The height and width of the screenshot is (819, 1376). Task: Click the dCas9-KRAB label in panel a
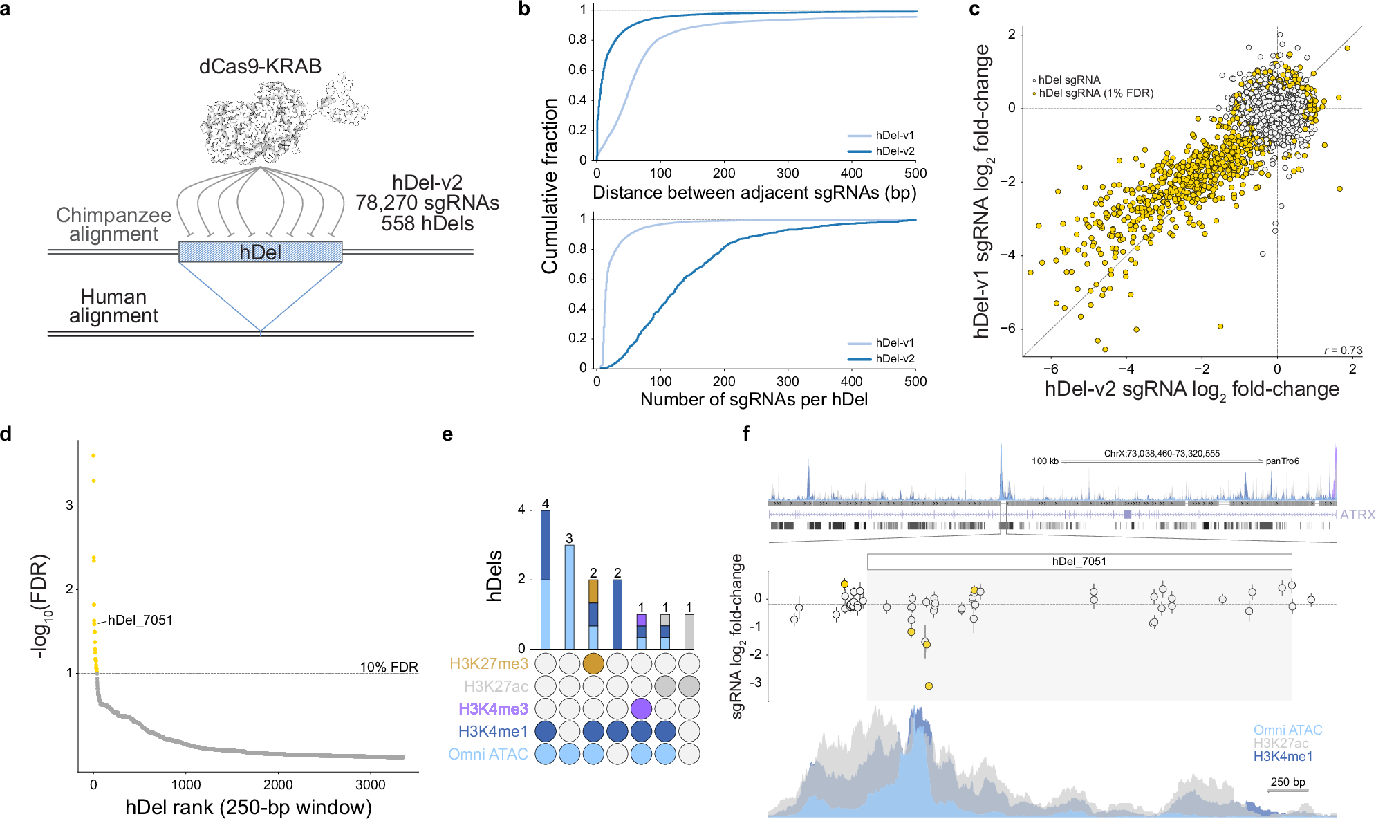260,66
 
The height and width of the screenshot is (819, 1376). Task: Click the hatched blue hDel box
260,252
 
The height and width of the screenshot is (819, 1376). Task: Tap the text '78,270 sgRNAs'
427,203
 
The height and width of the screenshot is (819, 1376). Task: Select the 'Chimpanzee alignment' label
113,224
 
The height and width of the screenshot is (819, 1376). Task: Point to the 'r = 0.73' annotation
1343,350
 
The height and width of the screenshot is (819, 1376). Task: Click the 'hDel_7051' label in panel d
140,620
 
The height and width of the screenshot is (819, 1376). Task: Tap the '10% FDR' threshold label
389,667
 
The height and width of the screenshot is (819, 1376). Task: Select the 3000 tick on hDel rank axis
370,784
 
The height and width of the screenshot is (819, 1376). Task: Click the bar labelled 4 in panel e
546,580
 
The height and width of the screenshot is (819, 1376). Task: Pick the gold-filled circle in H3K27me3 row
593,664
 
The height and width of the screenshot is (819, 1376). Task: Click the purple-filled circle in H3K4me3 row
641,708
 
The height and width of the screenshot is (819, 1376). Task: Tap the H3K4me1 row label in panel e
492,731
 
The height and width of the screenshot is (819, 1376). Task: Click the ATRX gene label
1357,515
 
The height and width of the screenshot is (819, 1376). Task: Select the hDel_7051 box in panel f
1079,561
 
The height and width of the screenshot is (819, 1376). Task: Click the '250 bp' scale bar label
1287,782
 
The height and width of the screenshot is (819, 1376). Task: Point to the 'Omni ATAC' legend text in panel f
1287,730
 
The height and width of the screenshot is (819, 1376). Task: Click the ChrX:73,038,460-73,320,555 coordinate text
1162,454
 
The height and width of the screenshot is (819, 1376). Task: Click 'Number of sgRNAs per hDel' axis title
754,399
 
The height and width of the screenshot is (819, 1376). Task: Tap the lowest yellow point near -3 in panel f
929,686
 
